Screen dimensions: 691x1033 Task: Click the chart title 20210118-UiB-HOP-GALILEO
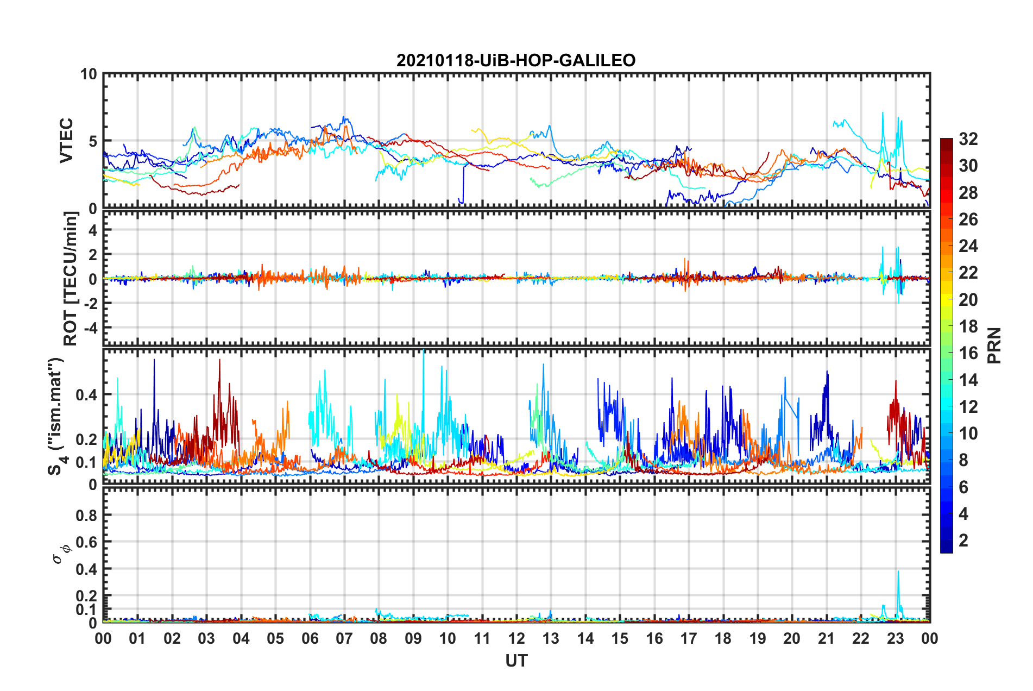pos(515,60)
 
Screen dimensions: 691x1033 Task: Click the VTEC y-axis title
pos(66,141)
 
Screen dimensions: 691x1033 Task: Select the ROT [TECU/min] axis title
pos(71,279)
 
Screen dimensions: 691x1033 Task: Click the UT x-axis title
pos(516,661)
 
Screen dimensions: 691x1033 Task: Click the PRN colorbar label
pos(994,345)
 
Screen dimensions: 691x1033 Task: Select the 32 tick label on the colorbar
pos(968,139)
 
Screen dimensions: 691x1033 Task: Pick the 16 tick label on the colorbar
pos(968,353)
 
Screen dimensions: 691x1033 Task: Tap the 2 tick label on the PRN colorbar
pos(963,540)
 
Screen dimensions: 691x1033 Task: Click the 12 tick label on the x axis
pos(516,638)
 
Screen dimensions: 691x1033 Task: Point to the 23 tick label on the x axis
pos(895,638)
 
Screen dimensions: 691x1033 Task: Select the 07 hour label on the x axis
pos(344,638)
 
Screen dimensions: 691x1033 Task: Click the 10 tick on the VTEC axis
pos(89,74)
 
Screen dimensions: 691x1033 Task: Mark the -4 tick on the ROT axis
pos(88,328)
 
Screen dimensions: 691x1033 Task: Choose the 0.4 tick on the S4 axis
pos(86,395)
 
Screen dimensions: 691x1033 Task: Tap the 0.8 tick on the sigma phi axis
pos(86,515)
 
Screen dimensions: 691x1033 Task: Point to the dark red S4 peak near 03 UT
pos(219,361)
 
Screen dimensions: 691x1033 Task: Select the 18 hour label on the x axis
pos(723,638)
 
